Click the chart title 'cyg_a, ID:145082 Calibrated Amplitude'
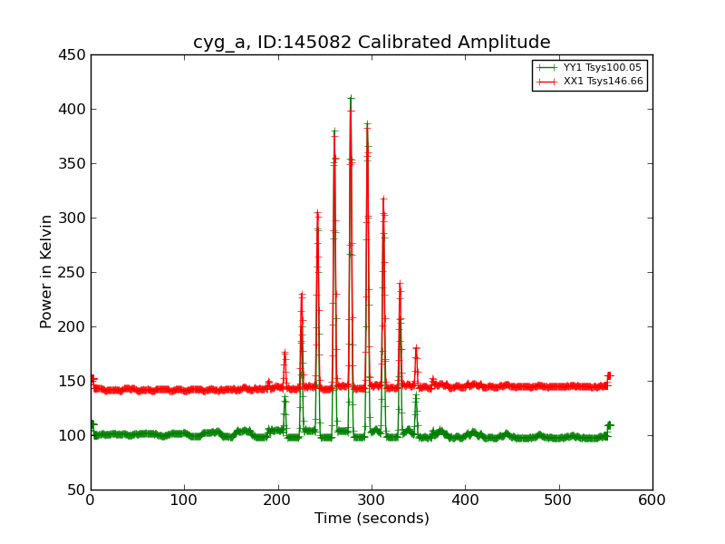pyautogui.click(x=372, y=42)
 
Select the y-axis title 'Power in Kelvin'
pyautogui.click(x=46, y=271)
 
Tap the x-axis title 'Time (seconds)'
pyautogui.click(x=372, y=519)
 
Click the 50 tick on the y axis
pyautogui.click(x=77, y=490)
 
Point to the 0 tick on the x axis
pyautogui.click(x=91, y=500)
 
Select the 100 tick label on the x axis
pyautogui.click(x=184, y=500)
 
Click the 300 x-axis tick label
pyautogui.click(x=372, y=500)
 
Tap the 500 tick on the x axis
pyautogui.click(x=559, y=500)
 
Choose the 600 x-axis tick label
pyautogui.click(x=652, y=500)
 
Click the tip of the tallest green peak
pyautogui.click(x=351, y=98)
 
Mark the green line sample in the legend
pyautogui.click(x=546, y=68)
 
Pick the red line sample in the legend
pyautogui.click(x=546, y=82)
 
